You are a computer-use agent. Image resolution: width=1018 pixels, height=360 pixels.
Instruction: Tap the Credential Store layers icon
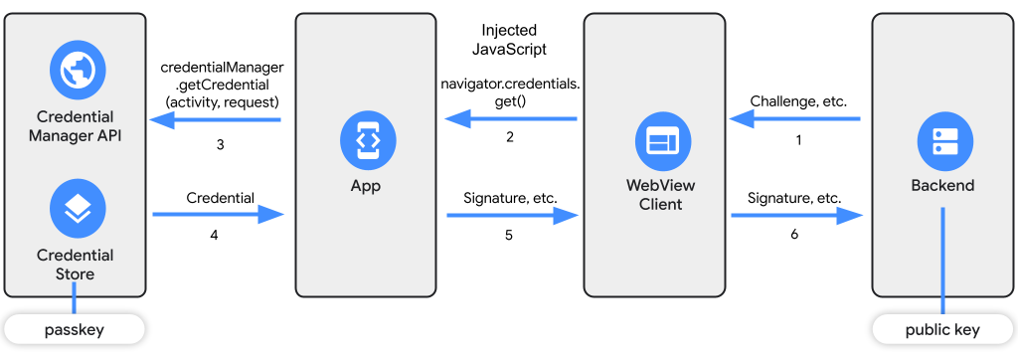point(77,208)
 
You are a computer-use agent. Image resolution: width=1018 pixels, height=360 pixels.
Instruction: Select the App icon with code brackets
point(366,140)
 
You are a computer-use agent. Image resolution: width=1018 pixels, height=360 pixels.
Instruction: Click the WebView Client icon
point(656,142)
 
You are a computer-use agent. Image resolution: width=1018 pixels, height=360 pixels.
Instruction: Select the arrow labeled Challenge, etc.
point(795,119)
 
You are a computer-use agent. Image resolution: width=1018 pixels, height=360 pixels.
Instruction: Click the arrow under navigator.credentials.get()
point(511,119)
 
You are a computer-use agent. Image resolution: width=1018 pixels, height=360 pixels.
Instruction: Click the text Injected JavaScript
point(509,39)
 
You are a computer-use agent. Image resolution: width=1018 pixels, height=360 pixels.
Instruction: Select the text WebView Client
point(654,195)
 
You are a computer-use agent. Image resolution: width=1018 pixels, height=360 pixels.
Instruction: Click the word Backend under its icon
point(942,186)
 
